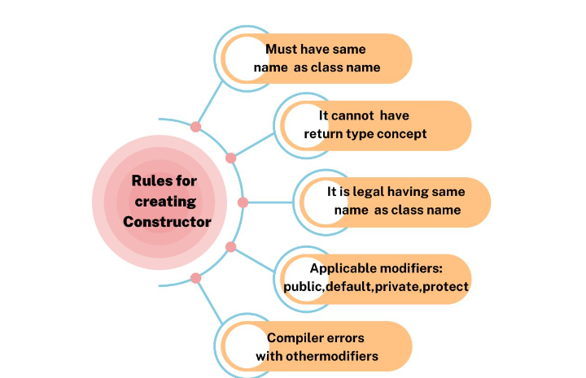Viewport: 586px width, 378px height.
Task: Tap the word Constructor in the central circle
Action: [173, 221]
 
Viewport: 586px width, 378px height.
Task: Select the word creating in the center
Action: [165, 201]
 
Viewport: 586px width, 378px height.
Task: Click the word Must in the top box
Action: [282, 50]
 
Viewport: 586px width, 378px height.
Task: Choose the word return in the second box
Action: [323, 133]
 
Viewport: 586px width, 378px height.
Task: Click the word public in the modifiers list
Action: [302, 286]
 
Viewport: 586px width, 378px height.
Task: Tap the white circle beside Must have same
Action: [242, 59]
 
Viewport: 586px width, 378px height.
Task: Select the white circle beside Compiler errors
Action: [242, 346]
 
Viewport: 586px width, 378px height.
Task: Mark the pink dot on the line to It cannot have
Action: [230, 158]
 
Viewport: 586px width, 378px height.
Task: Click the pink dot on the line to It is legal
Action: [243, 202]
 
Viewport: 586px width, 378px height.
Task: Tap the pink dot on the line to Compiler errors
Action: [195, 278]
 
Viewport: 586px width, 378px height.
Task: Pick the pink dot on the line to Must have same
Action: [195, 127]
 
